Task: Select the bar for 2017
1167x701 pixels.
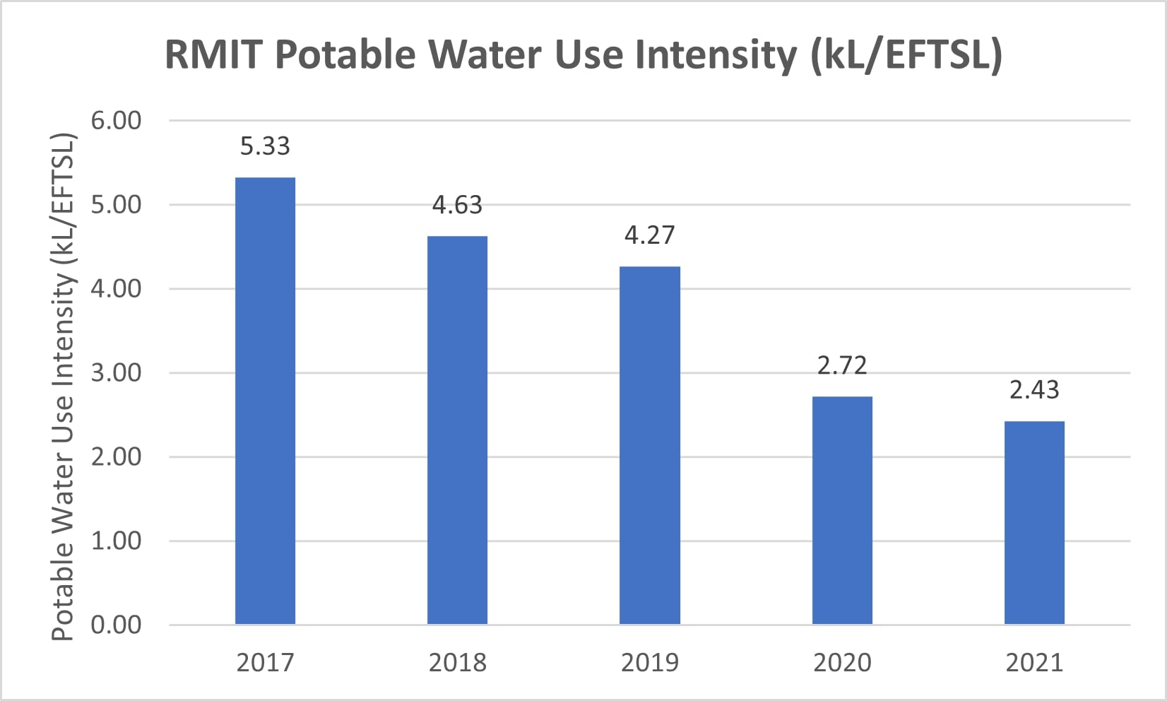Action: [x=265, y=401]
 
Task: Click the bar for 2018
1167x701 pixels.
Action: [x=457, y=430]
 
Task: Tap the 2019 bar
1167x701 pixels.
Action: [x=650, y=445]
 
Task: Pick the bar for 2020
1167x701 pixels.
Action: [x=842, y=510]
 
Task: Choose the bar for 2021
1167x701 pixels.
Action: [x=1034, y=522]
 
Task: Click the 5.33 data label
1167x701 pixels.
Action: [x=265, y=146]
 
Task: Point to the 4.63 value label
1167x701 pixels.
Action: [x=457, y=205]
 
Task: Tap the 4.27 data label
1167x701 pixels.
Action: [x=650, y=235]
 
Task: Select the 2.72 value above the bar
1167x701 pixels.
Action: [x=842, y=365]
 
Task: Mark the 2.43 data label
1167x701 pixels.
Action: [x=1034, y=390]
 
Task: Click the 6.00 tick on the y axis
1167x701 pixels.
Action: [x=116, y=120]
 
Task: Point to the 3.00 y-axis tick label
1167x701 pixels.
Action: [x=116, y=372]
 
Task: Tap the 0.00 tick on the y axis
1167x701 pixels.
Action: [x=116, y=625]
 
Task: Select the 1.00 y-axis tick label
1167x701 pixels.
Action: [x=116, y=541]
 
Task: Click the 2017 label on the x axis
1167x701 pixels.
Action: [x=265, y=663]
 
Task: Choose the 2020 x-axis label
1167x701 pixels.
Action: [x=842, y=663]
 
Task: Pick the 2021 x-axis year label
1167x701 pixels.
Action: [x=1034, y=663]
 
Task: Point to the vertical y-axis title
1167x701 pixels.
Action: [x=64, y=387]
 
